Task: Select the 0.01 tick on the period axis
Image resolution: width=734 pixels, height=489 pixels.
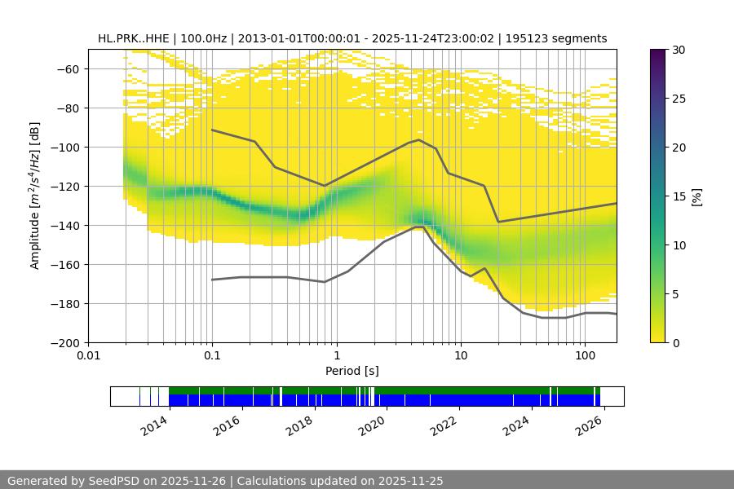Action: (x=88, y=355)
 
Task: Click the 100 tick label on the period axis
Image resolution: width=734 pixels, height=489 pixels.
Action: (x=584, y=355)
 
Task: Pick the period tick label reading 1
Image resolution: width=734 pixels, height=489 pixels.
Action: (x=336, y=355)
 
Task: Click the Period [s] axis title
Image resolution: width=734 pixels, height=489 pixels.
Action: (x=352, y=371)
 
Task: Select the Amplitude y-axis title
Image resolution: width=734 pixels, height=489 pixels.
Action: (x=35, y=196)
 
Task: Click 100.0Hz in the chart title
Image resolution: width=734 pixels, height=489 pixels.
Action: (x=200, y=38)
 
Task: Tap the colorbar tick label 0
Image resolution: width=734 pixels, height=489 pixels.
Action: (x=675, y=343)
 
